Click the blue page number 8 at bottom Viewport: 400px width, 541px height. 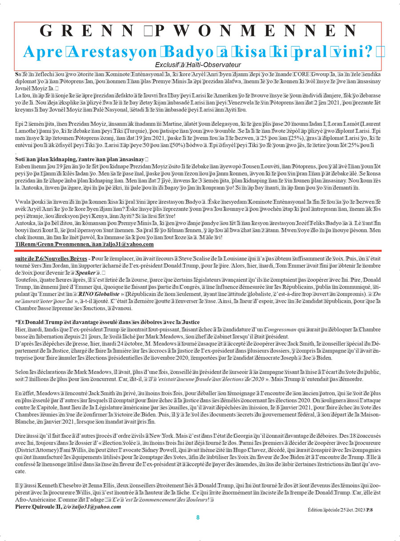(198, 517)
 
